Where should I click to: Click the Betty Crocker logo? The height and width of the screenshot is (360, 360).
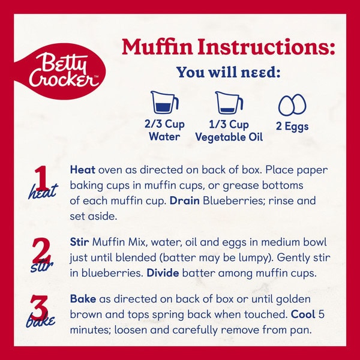(60, 71)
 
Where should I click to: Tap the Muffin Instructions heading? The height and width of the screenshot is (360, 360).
(228, 47)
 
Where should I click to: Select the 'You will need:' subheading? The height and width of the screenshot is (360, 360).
(229, 72)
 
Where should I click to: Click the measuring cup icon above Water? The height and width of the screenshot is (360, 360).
(164, 103)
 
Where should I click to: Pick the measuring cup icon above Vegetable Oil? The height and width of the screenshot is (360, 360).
(229, 103)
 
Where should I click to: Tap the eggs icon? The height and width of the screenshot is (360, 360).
(292, 104)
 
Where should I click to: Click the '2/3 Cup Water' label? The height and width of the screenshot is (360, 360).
(164, 130)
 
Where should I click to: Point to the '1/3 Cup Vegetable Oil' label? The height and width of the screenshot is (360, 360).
(229, 131)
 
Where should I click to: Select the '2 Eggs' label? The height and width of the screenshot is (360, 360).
(292, 126)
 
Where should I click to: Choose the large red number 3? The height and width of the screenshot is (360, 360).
(39, 307)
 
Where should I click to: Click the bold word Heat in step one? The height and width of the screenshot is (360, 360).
(82, 170)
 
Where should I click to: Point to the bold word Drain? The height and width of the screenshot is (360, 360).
(185, 200)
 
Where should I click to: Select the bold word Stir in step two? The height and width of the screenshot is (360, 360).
(79, 242)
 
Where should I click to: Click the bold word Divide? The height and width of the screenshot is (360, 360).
(163, 273)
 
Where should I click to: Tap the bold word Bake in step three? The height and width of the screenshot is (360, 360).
(83, 299)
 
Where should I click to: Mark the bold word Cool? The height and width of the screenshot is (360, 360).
(303, 314)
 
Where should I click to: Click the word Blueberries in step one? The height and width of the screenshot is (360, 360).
(234, 200)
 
